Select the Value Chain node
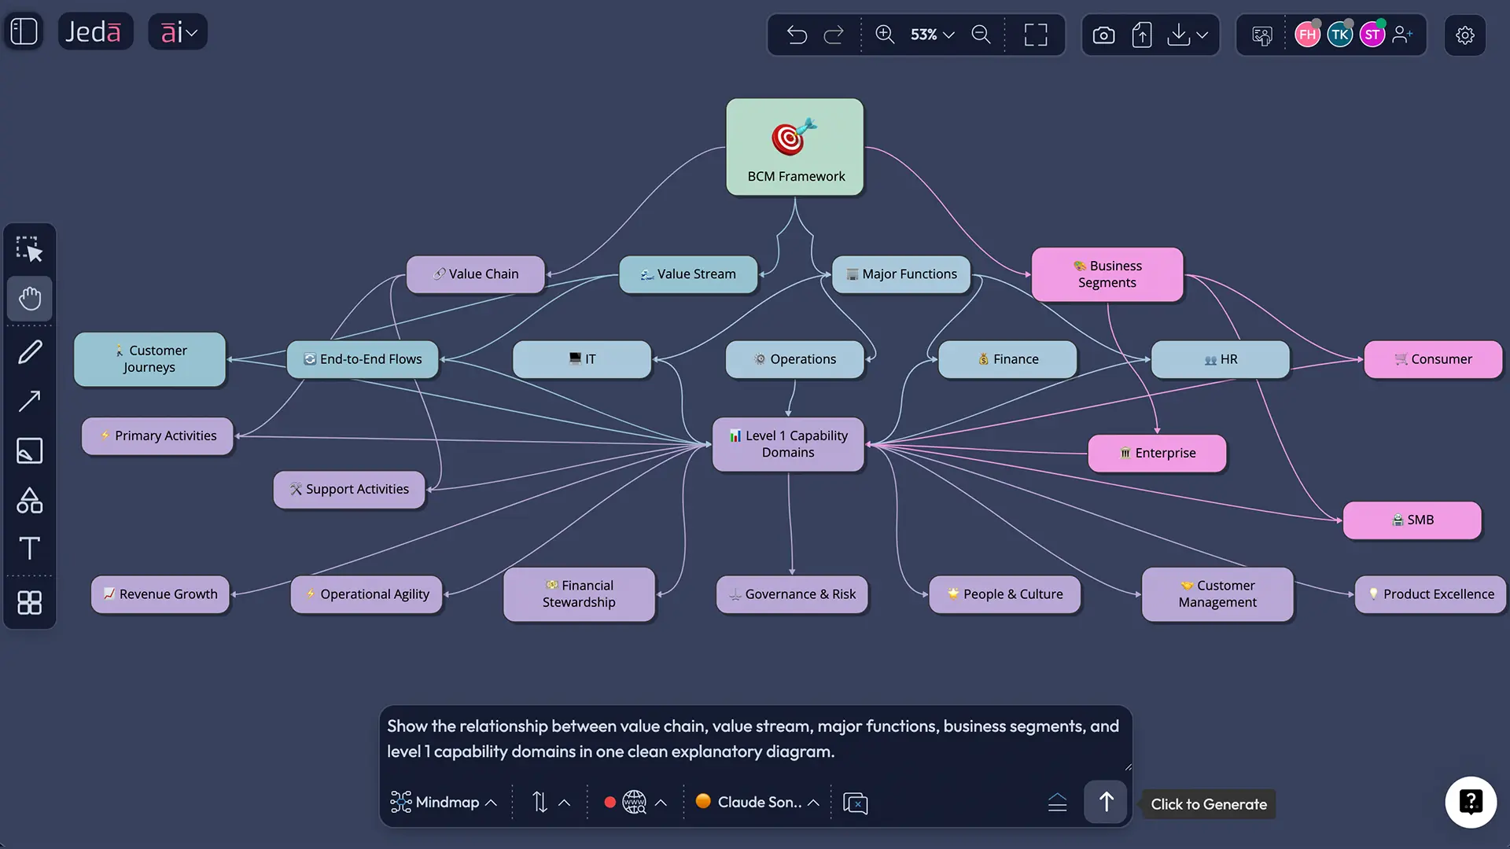(x=476, y=274)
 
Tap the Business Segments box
(x=1107, y=274)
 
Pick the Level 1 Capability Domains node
(x=788, y=444)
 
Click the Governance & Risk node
(x=792, y=594)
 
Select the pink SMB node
(x=1412, y=520)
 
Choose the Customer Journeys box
(x=149, y=359)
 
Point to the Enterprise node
(x=1157, y=454)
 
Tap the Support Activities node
(x=349, y=490)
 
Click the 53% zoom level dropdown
(x=932, y=35)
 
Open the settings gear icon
(x=1464, y=35)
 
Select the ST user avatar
(x=1372, y=35)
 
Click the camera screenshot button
(x=1103, y=35)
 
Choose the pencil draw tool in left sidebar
(x=30, y=352)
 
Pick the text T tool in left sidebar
(x=30, y=548)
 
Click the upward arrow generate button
(x=1106, y=802)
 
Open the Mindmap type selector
(x=444, y=803)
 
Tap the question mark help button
(x=1470, y=802)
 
